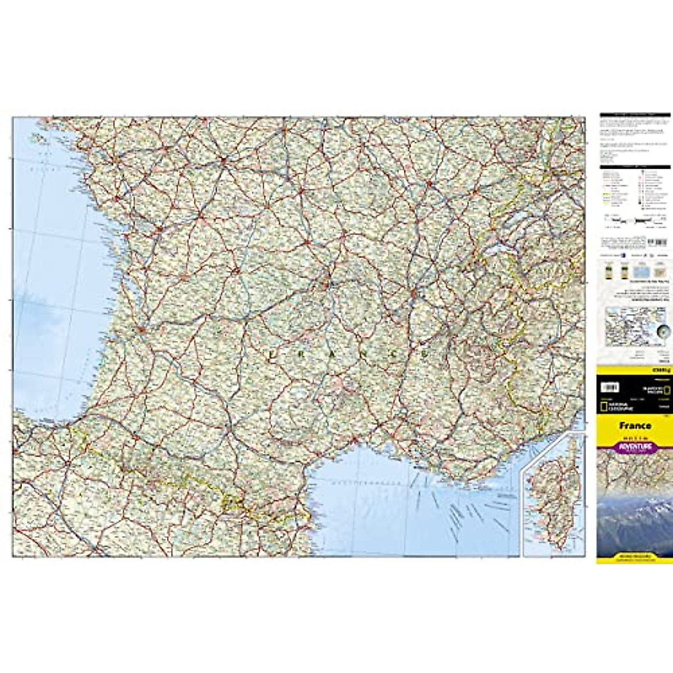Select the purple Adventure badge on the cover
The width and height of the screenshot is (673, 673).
click(x=635, y=447)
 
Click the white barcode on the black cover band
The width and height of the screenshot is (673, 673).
click(x=610, y=388)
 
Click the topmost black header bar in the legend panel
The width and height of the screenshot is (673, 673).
click(x=634, y=115)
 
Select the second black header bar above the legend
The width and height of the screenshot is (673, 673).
click(x=634, y=167)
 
